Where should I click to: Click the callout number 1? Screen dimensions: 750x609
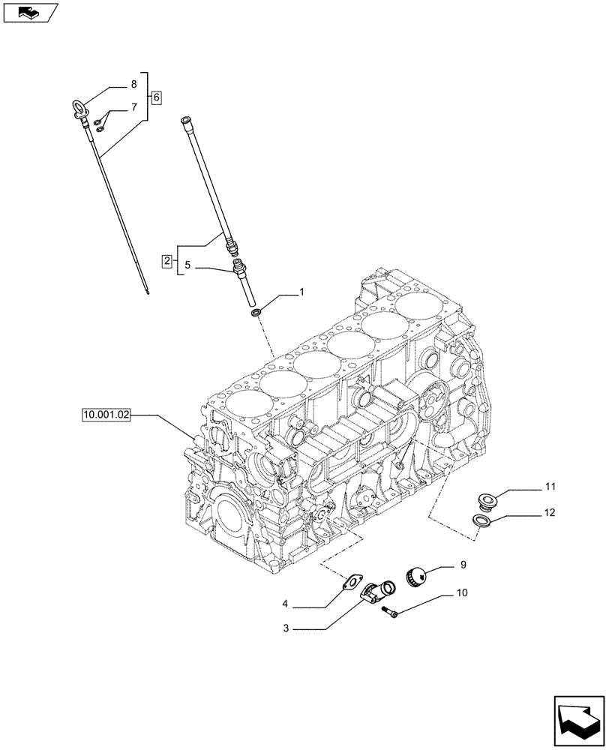click(x=302, y=290)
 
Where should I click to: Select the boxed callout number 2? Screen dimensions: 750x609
click(x=166, y=261)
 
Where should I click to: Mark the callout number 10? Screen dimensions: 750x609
click(x=462, y=592)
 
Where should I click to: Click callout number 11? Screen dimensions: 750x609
click(x=550, y=488)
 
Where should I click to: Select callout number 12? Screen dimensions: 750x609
click(x=550, y=514)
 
